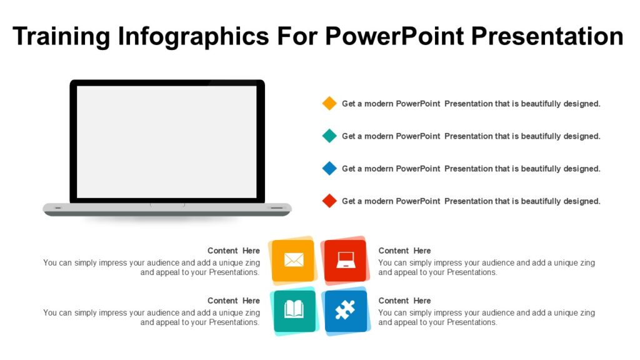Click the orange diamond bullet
point(329,104)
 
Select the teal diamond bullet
point(329,136)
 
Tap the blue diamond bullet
point(329,169)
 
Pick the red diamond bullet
point(329,201)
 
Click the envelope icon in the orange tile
point(293,260)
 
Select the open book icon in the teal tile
point(294,310)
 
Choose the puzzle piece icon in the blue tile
point(345,310)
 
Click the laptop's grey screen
point(167,141)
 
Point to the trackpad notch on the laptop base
point(167,204)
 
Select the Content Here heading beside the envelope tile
point(234,251)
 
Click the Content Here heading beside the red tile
point(404,251)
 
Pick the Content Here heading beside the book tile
point(234,301)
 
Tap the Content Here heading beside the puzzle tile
point(404,301)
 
